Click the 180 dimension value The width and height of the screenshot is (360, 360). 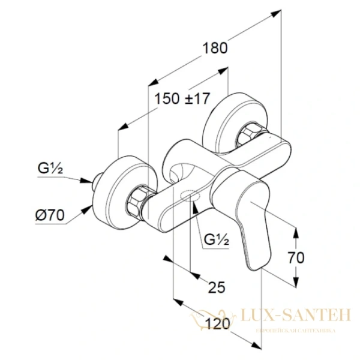[215, 49]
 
